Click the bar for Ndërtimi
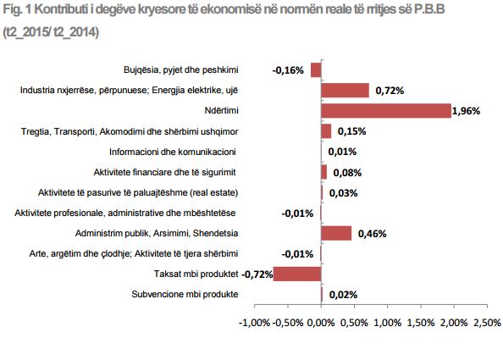[386, 111]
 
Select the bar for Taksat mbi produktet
[296, 273]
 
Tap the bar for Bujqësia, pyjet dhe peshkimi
[316, 70]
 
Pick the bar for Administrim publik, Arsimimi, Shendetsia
[336, 233]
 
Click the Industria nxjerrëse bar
[345, 91]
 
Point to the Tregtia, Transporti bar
[326, 131]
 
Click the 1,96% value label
[467, 111]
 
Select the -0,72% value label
[256, 274]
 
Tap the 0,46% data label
[371, 233]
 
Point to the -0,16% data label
[288, 70]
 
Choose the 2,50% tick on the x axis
[486, 323]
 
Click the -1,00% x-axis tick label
[255, 323]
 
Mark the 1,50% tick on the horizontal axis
[420, 323]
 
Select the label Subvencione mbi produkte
[184, 294]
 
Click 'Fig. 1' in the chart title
[18, 12]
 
